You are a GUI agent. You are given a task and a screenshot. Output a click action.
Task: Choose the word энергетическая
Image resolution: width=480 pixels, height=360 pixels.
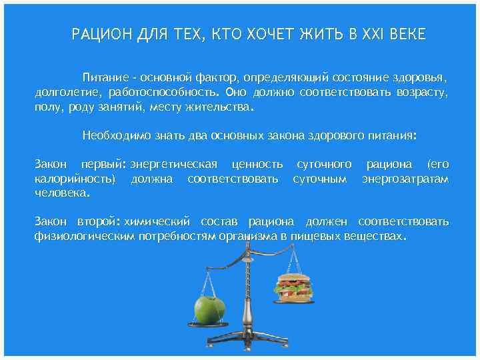point(175,164)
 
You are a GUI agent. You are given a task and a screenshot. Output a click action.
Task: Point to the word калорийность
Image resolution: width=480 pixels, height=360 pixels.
point(75,178)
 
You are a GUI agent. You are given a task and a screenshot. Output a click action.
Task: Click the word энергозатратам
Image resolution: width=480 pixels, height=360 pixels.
point(405,178)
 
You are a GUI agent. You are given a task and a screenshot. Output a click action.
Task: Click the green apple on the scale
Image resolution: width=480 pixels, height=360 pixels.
point(208,309)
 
